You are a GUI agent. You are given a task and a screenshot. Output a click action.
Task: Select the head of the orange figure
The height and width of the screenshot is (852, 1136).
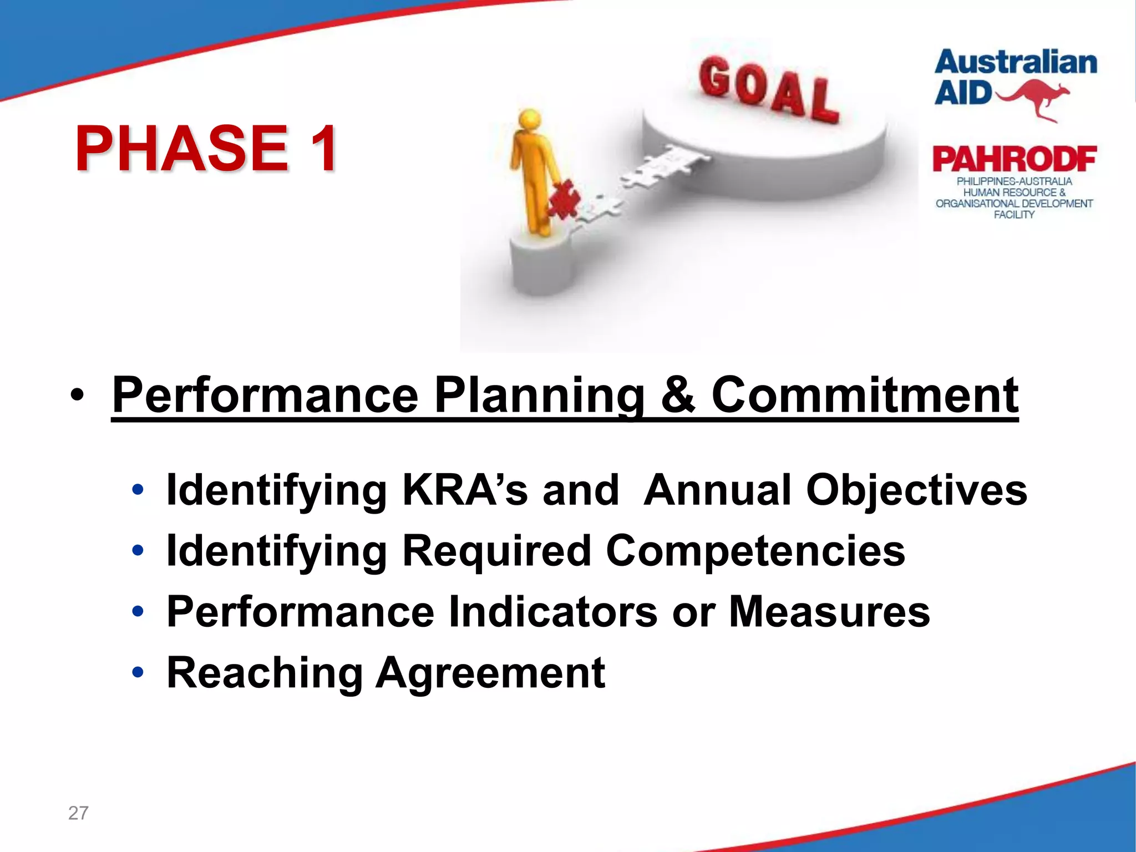(530, 120)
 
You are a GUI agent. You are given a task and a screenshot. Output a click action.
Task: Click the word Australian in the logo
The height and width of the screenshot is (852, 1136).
(1016, 62)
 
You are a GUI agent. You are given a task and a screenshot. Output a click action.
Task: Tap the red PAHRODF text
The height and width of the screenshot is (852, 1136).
(1014, 160)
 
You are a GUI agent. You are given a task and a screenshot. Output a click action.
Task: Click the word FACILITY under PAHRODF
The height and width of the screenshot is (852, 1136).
(1014, 215)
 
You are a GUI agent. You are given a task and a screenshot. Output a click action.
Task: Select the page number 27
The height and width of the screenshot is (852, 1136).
(78, 813)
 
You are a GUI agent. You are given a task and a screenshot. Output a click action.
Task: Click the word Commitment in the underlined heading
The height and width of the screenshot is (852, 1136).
(865, 395)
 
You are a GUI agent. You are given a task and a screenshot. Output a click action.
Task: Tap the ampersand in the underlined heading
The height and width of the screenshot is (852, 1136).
(678, 395)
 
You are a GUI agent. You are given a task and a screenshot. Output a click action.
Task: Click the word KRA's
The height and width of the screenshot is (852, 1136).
(465, 490)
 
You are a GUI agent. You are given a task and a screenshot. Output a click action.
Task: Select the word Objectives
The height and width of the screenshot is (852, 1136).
(916, 490)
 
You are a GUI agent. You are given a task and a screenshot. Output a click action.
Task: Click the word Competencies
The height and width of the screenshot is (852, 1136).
(755, 551)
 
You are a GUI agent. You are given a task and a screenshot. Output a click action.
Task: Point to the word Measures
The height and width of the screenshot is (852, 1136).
(829, 612)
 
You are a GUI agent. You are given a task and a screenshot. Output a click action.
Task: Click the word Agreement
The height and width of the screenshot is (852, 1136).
(490, 673)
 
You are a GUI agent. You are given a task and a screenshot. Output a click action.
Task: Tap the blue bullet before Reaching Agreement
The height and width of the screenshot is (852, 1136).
(138, 673)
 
